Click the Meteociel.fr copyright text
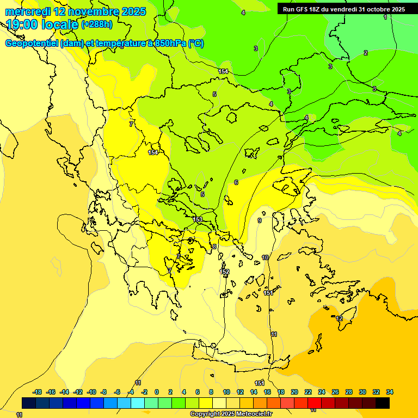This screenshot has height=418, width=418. click(231, 414)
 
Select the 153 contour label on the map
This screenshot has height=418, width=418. click(198, 219)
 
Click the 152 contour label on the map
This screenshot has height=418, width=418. click(224, 272)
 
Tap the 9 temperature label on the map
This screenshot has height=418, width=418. click(260, 220)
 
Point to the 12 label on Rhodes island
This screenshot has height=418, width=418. click(339, 318)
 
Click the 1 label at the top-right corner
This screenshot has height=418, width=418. click(385, 17)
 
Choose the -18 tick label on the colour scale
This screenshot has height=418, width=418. click(37, 392)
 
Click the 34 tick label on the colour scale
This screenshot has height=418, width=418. click(390, 392)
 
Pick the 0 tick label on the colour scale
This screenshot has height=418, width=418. click(157, 392)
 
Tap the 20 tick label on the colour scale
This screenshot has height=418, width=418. click(294, 392)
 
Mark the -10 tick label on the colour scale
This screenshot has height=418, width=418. click(91, 392)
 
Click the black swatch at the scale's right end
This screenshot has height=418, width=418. click(383, 403)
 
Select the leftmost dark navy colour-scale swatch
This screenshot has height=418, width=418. click(29, 403)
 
